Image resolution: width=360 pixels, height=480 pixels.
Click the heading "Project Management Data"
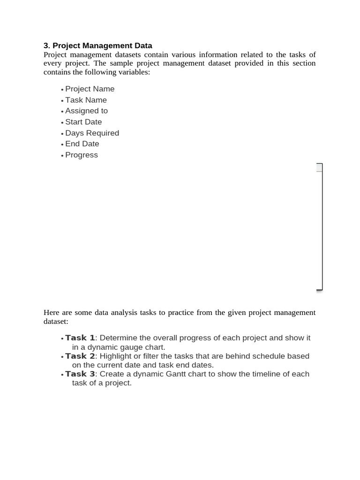click(102, 45)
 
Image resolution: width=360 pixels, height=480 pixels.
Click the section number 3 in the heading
click(46, 45)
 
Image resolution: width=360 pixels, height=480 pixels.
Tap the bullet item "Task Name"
click(86, 100)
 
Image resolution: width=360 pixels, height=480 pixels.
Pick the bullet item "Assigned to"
click(86, 111)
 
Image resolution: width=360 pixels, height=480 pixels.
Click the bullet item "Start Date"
click(83, 122)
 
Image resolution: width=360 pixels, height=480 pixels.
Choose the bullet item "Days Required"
click(92, 133)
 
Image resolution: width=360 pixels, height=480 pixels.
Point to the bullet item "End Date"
click(82, 144)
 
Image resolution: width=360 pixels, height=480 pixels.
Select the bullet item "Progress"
click(82, 155)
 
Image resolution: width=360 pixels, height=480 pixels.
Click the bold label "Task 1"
click(80, 338)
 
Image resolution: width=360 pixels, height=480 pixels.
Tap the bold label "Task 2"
click(80, 356)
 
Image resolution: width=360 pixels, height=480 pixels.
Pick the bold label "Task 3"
click(80, 374)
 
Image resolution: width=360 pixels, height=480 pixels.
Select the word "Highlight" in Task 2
click(117, 356)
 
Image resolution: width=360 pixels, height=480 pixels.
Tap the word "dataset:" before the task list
click(56, 322)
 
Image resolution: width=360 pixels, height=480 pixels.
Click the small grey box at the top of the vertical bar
click(319, 167)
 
